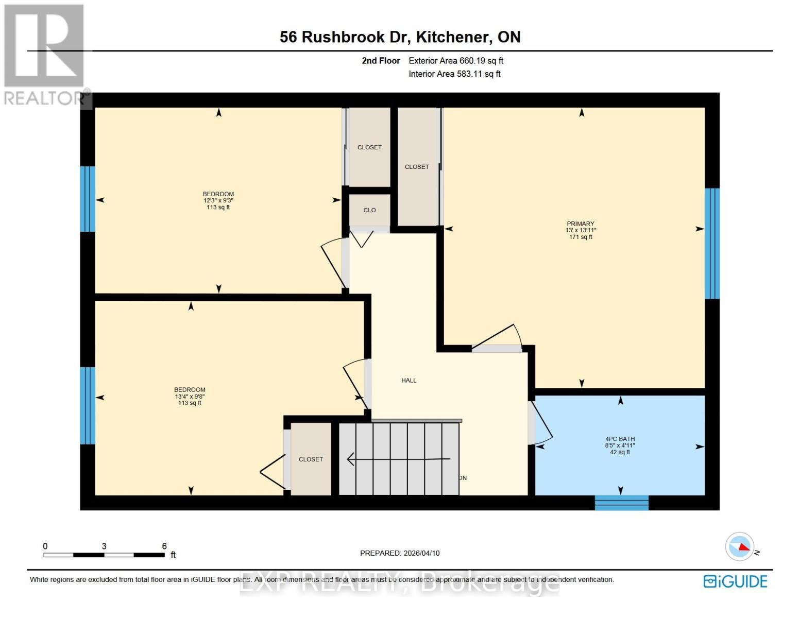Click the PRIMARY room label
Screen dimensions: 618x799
click(x=581, y=224)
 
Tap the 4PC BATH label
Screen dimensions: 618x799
click(x=620, y=439)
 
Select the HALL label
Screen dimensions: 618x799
click(x=409, y=381)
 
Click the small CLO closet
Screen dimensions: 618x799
click(x=369, y=210)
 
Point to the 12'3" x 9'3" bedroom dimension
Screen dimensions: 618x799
click(x=218, y=201)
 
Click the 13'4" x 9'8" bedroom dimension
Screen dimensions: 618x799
click(x=190, y=397)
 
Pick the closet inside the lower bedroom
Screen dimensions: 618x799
click(x=311, y=459)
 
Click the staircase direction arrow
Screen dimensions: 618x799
click(x=399, y=458)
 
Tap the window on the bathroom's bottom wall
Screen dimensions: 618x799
click(x=621, y=503)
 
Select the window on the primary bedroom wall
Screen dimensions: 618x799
click(x=712, y=243)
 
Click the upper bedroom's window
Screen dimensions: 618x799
click(x=88, y=199)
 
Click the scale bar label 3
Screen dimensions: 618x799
click(x=104, y=546)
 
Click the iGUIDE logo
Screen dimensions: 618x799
click(x=735, y=581)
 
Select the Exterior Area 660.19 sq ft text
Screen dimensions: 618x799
click(x=456, y=61)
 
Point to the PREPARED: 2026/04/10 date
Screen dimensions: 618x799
click(x=400, y=553)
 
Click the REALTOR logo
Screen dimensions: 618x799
click(x=44, y=54)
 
